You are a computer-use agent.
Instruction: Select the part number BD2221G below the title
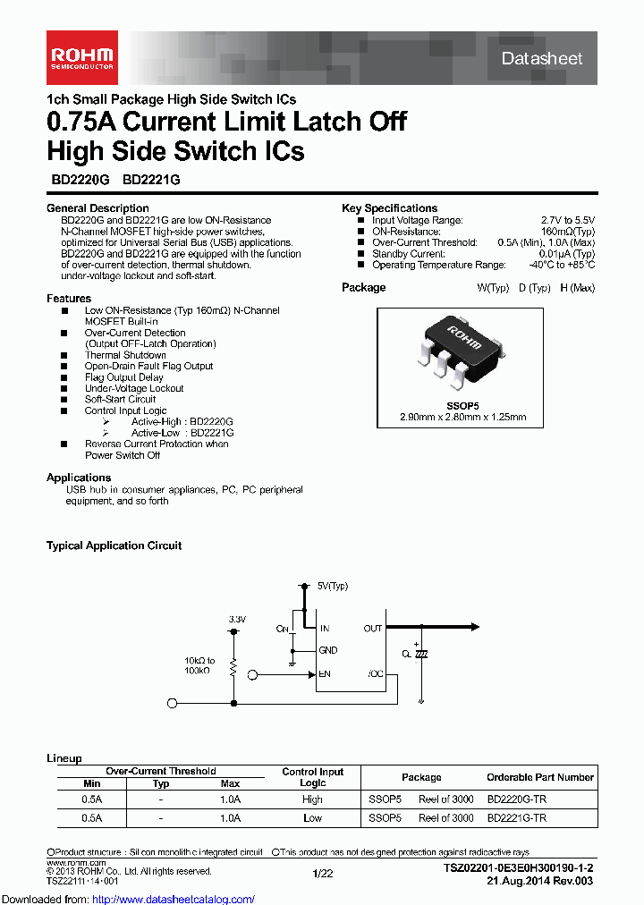click(x=151, y=179)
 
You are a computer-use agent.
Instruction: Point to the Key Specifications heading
click(x=389, y=208)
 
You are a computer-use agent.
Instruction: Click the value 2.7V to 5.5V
click(x=567, y=220)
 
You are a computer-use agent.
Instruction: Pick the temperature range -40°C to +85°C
click(x=561, y=265)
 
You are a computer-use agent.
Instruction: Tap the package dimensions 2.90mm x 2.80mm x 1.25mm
click(x=462, y=417)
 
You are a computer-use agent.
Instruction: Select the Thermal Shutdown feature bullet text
click(x=125, y=355)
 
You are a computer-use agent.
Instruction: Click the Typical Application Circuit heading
click(x=114, y=546)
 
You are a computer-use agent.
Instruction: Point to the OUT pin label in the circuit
click(x=373, y=629)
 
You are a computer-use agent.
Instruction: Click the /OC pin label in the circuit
click(x=375, y=674)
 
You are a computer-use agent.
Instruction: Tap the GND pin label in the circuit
click(x=327, y=651)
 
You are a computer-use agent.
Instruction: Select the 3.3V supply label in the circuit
click(x=236, y=619)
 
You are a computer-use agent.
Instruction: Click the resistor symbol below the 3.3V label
click(x=233, y=666)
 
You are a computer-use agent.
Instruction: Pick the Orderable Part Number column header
click(x=539, y=777)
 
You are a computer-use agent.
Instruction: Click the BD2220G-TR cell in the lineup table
click(x=516, y=799)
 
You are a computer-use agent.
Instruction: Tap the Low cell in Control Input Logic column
click(x=312, y=818)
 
